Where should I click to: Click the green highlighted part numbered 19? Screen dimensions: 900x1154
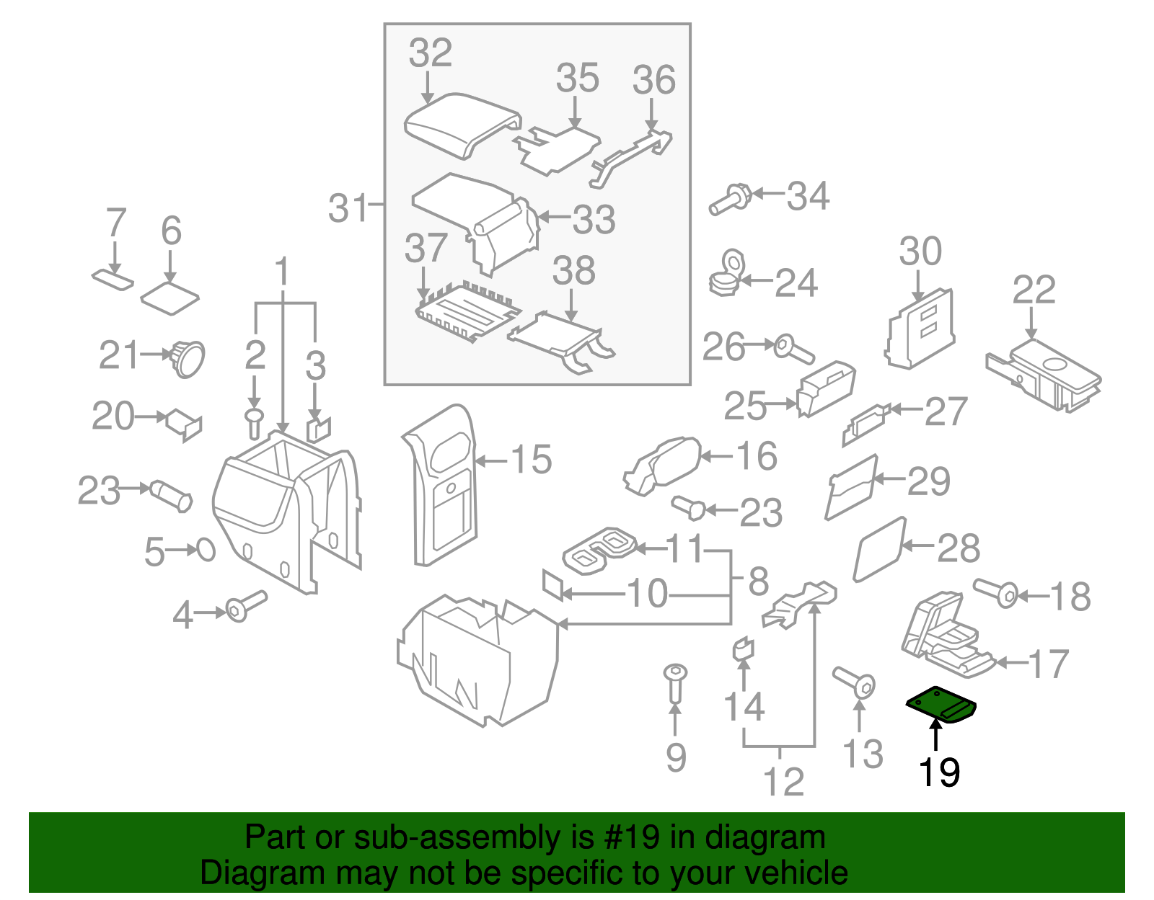click(941, 703)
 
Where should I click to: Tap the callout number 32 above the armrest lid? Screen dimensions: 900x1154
click(430, 53)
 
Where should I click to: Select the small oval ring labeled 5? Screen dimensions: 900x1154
click(206, 550)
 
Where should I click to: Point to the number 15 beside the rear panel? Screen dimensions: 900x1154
click(532, 460)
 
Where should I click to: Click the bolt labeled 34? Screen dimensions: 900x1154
click(731, 199)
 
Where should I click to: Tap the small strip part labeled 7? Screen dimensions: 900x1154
click(113, 278)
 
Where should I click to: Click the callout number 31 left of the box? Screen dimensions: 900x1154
click(348, 208)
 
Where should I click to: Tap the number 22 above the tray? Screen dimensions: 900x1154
click(1033, 290)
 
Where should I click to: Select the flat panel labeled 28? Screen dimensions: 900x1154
click(879, 550)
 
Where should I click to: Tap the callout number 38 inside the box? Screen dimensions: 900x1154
click(573, 272)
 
